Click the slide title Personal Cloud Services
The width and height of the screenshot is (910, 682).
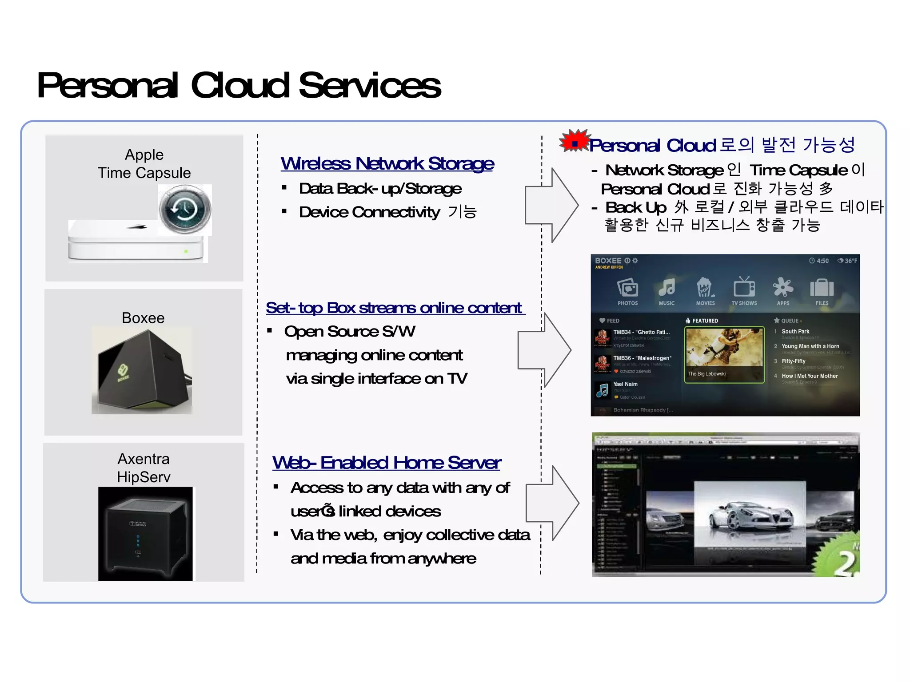pos(239,85)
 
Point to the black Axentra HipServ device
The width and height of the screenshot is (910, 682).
pos(145,533)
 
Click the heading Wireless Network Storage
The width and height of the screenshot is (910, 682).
pos(387,163)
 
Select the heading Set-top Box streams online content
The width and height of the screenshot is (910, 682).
pos(395,308)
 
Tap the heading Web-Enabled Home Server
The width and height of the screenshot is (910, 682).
pos(387,463)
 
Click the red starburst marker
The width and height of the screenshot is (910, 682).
pos(575,141)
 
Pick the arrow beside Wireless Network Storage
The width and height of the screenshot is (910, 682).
pos(551,205)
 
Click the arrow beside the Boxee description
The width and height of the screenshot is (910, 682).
pos(544,350)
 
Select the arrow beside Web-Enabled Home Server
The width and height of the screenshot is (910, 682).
pos(552,503)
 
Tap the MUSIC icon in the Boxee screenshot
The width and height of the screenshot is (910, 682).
pos(667,289)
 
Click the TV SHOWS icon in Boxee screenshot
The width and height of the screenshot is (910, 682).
pos(744,289)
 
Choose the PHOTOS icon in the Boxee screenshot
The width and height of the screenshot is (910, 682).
pos(627,289)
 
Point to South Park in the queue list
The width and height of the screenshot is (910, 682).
pos(795,332)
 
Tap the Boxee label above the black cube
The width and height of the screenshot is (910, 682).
pos(143,318)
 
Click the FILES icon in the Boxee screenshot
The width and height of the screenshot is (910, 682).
pos(822,289)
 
